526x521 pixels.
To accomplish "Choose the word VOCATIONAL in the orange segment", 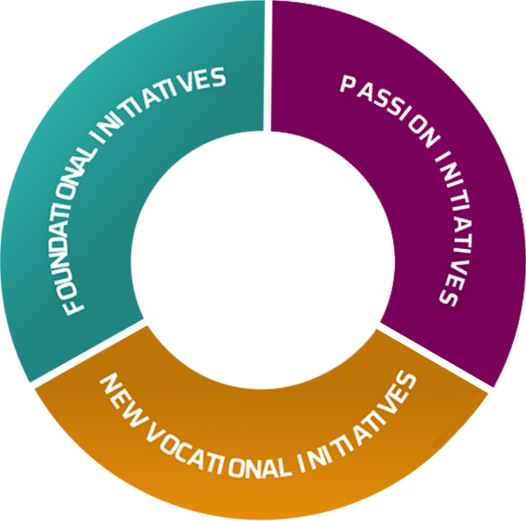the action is click(218, 452).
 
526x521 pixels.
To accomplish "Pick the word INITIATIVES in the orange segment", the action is click(359, 425).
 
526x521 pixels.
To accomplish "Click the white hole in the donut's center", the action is click(263, 260).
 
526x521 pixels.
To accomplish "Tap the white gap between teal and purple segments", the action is click(268, 66).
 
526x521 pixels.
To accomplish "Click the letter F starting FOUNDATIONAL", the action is click(74, 306).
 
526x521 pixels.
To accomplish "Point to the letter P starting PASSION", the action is click(348, 84).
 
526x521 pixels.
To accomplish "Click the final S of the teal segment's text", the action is click(217, 78).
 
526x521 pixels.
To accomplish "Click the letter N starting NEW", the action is click(110, 384).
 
